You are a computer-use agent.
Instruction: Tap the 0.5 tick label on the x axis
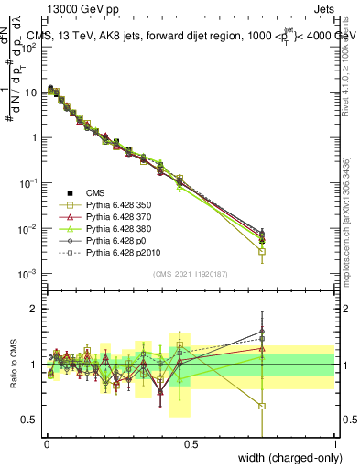pos(191,444)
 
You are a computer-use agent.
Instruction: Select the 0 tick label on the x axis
pos(47,444)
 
